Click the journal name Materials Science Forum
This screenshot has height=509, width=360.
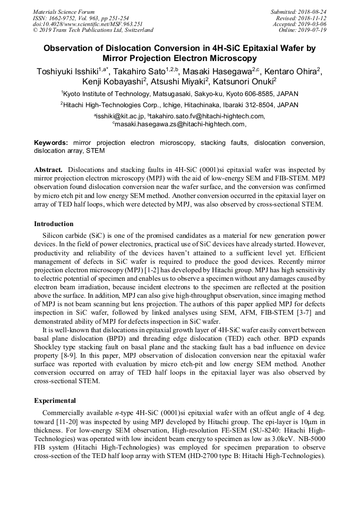[64, 12]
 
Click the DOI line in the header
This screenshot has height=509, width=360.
[88, 24]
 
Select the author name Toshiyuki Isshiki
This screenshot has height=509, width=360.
[69, 72]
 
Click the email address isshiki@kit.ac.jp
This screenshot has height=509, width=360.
[119, 116]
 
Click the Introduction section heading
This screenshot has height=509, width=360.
[54, 224]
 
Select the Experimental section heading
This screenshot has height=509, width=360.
[55, 400]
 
